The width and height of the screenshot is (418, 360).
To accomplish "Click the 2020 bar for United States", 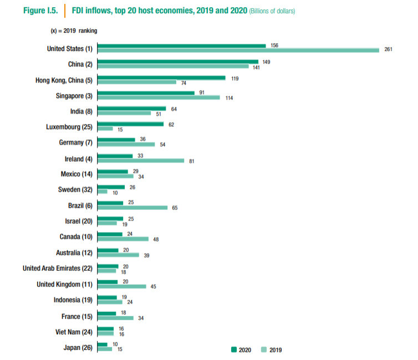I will pyautogui.click(x=181, y=45).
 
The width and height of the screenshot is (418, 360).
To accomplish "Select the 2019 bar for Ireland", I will pyautogui.click(x=140, y=161).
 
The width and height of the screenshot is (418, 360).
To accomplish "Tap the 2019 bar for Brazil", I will pyautogui.click(x=132, y=208).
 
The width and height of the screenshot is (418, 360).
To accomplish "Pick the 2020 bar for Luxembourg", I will pyautogui.click(x=130, y=125).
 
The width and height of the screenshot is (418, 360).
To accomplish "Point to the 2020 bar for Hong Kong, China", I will pyautogui.click(x=161, y=78).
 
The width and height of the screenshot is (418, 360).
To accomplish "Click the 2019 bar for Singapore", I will pyautogui.click(x=158, y=98).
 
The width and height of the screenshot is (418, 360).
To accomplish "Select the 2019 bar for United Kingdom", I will pyautogui.click(x=121, y=286).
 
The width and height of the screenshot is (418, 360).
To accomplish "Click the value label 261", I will pyautogui.click(x=388, y=50).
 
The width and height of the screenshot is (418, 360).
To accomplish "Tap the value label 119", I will pyautogui.click(x=235, y=78).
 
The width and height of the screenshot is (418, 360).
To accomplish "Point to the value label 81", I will pyautogui.click(x=192, y=161).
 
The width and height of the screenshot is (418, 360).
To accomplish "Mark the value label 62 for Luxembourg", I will pyautogui.click(x=171, y=125).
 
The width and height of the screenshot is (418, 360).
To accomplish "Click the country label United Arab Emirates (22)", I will pyautogui.click(x=57, y=269).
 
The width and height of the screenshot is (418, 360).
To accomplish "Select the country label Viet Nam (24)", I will pyautogui.click(x=75, y=332).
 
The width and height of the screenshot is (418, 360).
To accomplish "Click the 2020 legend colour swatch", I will pyautogui.click(x=234, y=349).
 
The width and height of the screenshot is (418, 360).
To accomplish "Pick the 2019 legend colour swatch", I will pyautogui.click(x=264, y=349).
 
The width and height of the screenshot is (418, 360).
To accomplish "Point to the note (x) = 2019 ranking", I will pyautogui.click(x=74, y=31).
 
